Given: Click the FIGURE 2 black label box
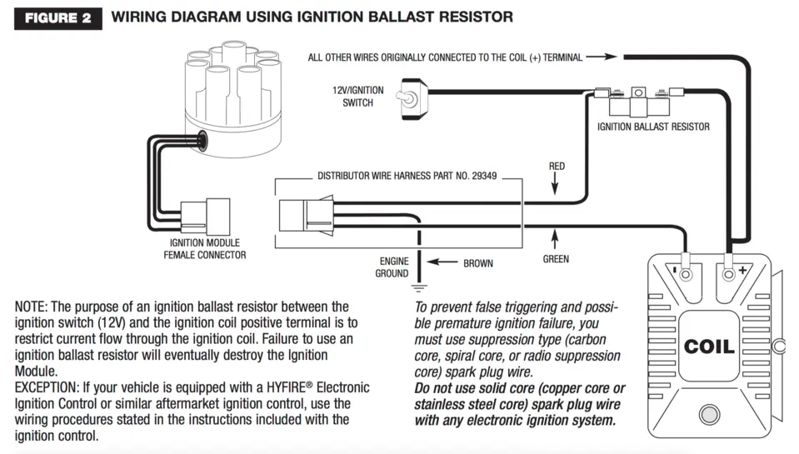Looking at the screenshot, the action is coord(58,18).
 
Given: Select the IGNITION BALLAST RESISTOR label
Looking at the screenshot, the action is coord(653,127).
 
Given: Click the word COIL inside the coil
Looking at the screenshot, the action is coord(709,347).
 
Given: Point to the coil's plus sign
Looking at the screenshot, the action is coord(743,270).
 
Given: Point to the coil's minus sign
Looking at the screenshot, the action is coord(675,270).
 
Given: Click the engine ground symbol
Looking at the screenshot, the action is coord(419,287).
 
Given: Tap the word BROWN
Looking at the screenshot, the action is coord(478,263).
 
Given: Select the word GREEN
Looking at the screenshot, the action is coord(556,259).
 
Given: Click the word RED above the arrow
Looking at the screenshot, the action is coord(557,166).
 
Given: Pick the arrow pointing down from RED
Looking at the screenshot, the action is coord(555,183).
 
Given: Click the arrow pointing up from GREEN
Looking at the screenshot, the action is coord(555,239).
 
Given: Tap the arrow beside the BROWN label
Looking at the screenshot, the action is coord(442,262).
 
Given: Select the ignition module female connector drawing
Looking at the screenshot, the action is coord(205,217).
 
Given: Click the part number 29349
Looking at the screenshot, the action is coord(484,176).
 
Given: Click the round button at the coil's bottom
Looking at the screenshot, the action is coord(709,414).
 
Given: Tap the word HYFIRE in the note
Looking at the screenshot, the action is coord(285,387).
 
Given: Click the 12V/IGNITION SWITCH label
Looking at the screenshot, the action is coord(357,97).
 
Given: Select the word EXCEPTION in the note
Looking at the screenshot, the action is coord(45,387).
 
